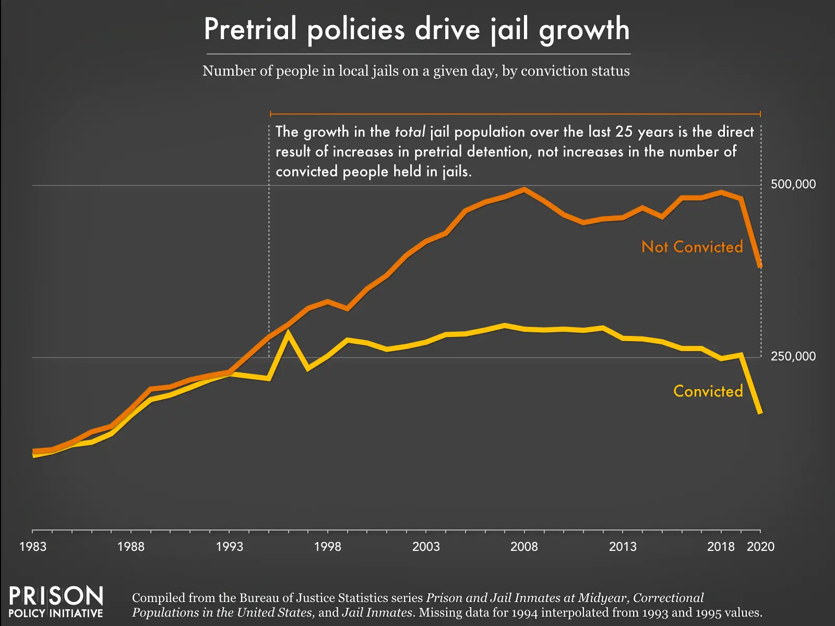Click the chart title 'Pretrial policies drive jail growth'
click(x=416, y=29)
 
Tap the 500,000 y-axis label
click(x=793, y=184)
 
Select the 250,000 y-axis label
click(x=793, y=356)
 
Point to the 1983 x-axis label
click(x=32, y=547)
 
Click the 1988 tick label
click(x=130, y=547)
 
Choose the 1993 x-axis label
click(x=229, y=547)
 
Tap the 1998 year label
click(x=327, y=547)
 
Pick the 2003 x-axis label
click(x=426, y=547)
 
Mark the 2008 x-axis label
click(x=524, y=547)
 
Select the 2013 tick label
click(x=623, y=547)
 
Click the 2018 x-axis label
click(x=721, y=547)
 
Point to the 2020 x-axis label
click(x=760, y=547)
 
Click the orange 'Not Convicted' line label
click(x=692, y=247)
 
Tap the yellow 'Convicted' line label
click(x=708, y=391)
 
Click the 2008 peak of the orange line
click(x=524, y=189)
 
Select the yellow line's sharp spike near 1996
click(x=288, y=333)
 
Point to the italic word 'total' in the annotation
click(x=410, y=131)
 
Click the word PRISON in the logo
click(x=56, y=596)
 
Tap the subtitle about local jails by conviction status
click(x=416, y=71)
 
